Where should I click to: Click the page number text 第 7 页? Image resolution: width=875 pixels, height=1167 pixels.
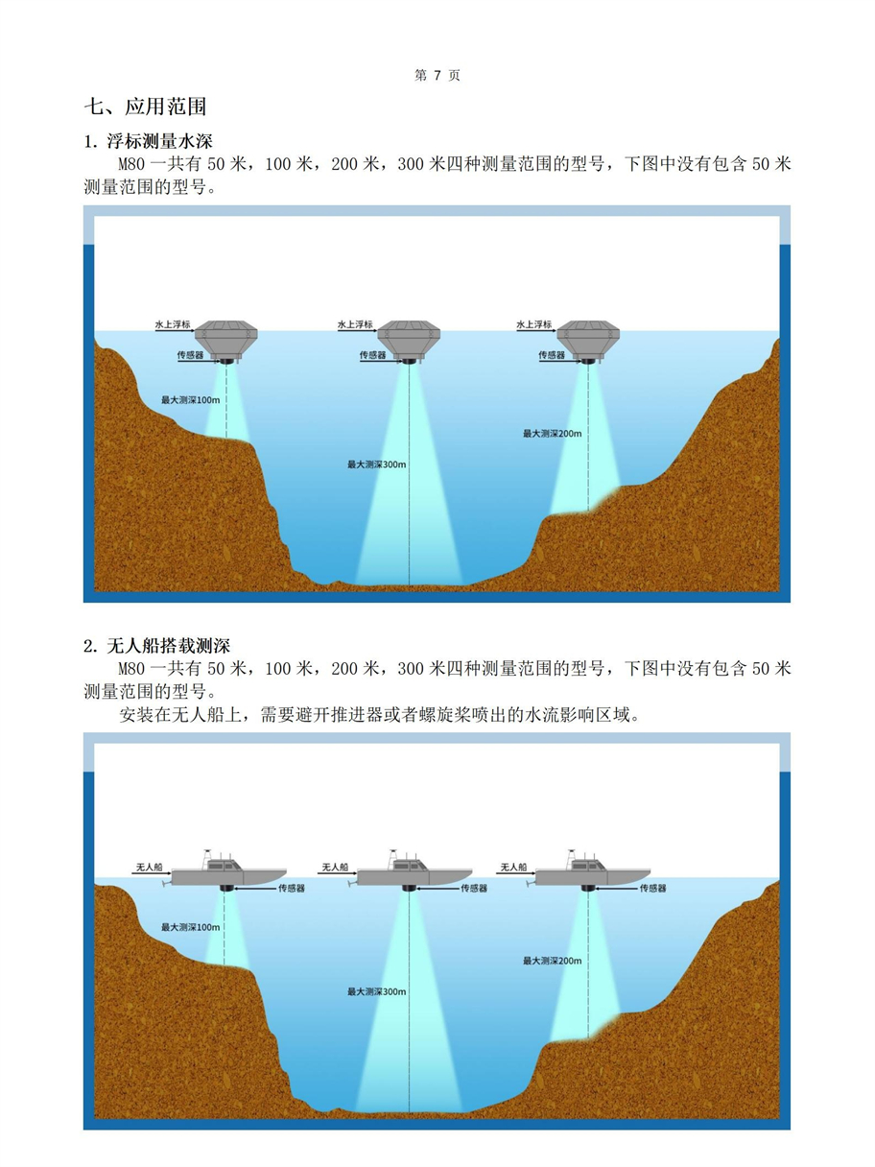click(437, 76)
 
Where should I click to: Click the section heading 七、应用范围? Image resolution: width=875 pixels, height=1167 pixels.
click(145, 107)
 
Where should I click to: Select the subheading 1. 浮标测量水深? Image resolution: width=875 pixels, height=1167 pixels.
click(148, 142)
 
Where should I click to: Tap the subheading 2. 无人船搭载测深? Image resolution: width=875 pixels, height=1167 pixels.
click(157, 646)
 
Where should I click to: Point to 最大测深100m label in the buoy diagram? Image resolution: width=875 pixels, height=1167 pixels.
click(190, 399)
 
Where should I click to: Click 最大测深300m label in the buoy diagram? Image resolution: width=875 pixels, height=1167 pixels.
click(377, 464)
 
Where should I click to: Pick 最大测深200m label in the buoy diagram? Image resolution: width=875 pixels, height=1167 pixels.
click(552, 434)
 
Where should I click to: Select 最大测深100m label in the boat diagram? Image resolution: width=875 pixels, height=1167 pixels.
click(190, 927)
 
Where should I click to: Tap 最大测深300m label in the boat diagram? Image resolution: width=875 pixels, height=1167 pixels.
click(377, 992)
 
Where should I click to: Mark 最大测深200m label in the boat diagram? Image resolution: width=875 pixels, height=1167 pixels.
click(552, 961)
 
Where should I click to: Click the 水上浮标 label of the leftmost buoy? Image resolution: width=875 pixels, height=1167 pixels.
click(173, 325)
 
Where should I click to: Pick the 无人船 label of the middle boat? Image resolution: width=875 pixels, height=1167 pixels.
click(335, 867)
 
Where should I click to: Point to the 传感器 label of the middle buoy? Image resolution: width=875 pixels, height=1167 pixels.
click(373, 355)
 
